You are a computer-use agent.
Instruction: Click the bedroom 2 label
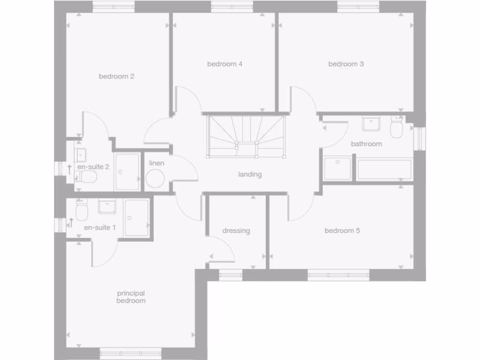(x=116, y=76)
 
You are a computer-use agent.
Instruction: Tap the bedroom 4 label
(x=225, y=64)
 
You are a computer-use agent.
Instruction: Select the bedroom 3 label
(x=346, y=64)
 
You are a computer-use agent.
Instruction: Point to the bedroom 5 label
(x=342, y=231)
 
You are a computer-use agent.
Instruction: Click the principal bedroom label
(x=131, y=297)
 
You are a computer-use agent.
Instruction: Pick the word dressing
(x=236, y=231)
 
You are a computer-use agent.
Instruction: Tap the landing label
(x=249, y=174)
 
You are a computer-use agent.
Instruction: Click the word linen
(x=157, y=163)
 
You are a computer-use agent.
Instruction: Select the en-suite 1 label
(x=99, y=228)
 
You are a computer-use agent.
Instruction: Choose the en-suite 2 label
(x=93, y=166)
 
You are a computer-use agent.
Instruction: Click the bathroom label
(x=366, y=144)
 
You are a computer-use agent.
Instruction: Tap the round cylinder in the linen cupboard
(x=155, y=179)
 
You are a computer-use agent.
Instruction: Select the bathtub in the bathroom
(x=384, y=170)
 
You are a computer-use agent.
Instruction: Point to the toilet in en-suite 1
(x=82, y=211)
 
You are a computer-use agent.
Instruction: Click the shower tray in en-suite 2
(x=127, y=172)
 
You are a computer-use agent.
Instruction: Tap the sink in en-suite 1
(x=107, y=206)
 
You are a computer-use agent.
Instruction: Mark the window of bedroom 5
(x=338, y=275)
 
